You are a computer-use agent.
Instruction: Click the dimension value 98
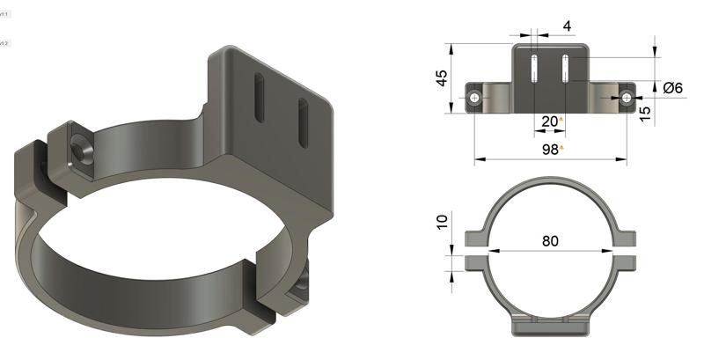(x=549, y=150)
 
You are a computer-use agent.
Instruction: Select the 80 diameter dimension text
(x=552, y=238)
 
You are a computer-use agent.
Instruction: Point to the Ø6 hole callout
(x=674, y=87)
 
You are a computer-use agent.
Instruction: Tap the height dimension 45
(x=443, y=79)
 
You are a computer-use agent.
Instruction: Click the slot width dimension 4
(x=567, y=27)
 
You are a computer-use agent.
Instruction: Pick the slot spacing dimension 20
(x=549, y=121)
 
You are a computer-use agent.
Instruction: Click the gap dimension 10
(x=443, y=220)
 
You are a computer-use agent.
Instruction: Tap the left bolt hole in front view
(x=475, y=98)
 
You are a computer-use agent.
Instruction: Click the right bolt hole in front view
(x=627, y=97)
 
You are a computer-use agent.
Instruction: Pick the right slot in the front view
(x=564, y=69)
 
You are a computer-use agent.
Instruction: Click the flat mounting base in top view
(x=551, y=327)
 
